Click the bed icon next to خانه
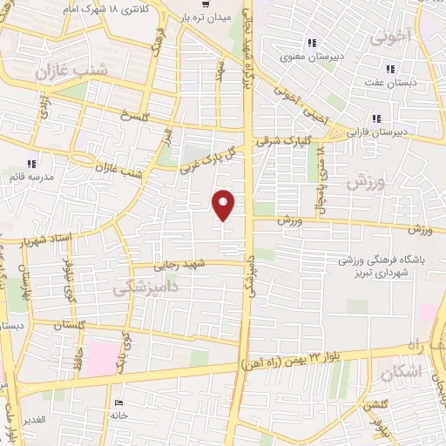click(119, 402)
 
